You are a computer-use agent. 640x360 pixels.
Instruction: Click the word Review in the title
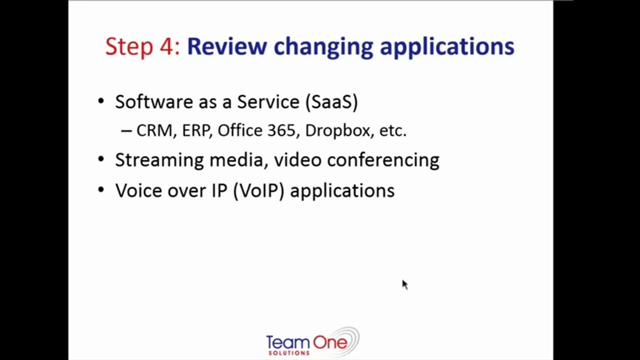click(227, 46)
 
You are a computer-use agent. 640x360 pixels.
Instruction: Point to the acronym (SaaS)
click(331, 102)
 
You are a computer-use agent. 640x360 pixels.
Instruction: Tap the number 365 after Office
click(284, 131)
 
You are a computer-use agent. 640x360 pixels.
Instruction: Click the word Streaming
click(160, 160)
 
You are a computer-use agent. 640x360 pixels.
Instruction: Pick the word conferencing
click(383, 160)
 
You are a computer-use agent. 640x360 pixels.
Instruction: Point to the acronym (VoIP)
click(259, 190)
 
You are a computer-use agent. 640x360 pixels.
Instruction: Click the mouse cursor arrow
click(405, 284)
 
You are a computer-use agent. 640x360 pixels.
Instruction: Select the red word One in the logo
click(330, 342)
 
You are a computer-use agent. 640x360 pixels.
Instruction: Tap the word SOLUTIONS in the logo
click(289, 353)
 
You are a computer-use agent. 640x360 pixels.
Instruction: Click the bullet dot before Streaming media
click(101, 159)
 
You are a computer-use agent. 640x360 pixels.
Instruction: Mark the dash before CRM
click(126, 131)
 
